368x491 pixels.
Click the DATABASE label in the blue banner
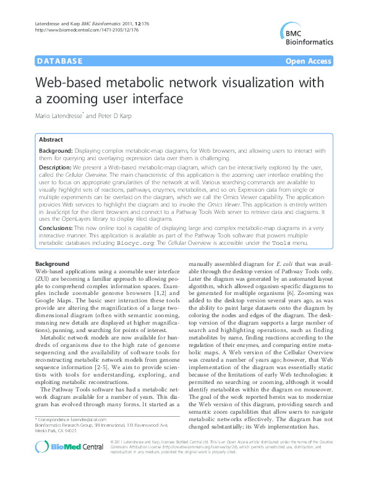point(60,61)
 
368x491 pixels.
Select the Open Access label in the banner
point(309,61)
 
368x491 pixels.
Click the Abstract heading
point(51,140)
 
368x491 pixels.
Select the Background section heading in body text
point(53,264)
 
